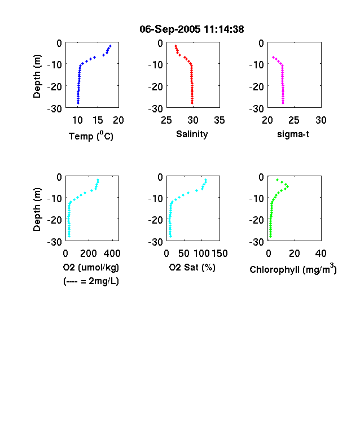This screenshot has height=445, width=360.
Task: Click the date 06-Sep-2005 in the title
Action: coord(170,29)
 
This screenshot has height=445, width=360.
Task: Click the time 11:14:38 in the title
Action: coord(224,29)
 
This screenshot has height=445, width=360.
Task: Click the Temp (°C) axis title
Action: coord(91,136)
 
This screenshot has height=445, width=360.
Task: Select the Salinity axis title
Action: coord(192,134)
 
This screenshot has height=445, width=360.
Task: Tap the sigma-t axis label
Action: coord(293,134)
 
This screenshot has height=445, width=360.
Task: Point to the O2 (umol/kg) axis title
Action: coord(91,267)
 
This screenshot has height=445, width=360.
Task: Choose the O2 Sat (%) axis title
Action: coord(192,267)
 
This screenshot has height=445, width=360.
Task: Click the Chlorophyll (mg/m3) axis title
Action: coord(293,268)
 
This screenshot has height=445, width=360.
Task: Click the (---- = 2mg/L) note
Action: coord(91,281)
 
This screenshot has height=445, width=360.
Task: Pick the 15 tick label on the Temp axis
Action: coord(98,120)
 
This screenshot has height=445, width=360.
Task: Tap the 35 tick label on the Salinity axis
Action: coord(219,120)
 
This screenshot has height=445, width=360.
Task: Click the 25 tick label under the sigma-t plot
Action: coord(294,120)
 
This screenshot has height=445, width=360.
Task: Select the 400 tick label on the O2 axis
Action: coord(112,254)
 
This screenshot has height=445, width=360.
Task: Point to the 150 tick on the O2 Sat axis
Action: coord(219,254)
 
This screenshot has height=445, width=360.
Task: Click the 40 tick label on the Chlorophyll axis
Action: coord(321,254)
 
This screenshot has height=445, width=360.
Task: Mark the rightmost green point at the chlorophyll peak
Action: coord(288,186)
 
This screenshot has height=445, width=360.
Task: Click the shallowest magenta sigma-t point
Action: coord(273,58)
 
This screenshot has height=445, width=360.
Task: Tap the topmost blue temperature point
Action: coord(111,46)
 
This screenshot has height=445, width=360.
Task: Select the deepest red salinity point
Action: coord(192,103)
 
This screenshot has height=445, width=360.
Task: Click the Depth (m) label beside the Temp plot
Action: coord(37,76)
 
